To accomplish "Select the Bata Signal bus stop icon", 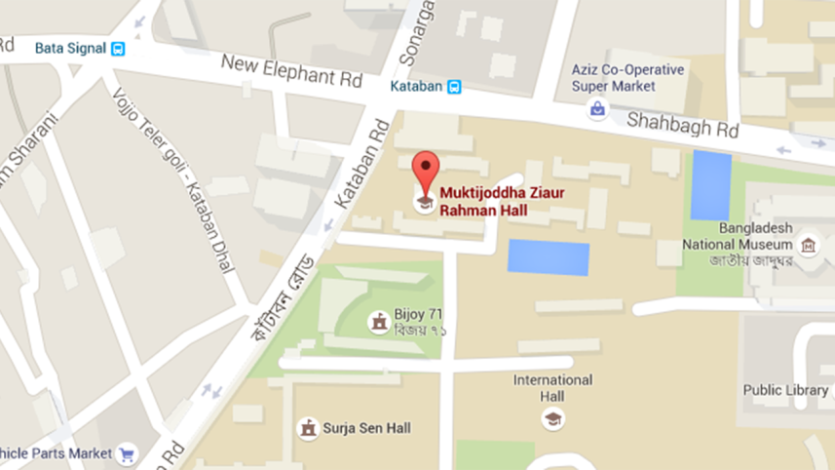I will click(x=118, y=48).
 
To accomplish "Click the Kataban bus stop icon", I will click(x=453, y=87).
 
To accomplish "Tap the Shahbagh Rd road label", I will click(x=682, y=123).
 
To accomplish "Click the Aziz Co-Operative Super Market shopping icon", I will click(x=596, y=110).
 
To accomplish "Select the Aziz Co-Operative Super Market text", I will click(x=627, y=78).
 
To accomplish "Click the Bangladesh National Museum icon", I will click(x=807, y=245).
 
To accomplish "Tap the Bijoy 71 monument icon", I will click(x=378, y=321).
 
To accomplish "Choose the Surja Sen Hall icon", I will click(x=308, y=428).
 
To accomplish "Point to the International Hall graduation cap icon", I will click(x=552, y=420).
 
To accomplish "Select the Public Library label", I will click(x=785, y=390).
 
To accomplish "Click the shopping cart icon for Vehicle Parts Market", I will click(x=126, y=454).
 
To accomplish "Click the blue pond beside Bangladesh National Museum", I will click(x=711, y=185).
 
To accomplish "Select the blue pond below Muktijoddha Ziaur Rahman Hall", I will click(x=549, y=257).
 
